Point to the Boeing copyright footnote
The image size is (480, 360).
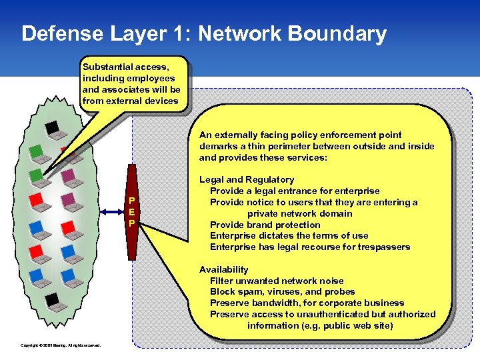coord(61,345)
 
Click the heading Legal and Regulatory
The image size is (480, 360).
coord(246,179)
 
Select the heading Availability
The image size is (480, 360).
coord(223,269)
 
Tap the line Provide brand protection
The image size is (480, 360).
coord(265,225)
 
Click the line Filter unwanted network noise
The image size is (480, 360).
coord(277,281)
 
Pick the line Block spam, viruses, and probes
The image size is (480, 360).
coord(282,292)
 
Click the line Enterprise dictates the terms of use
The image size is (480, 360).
coord(289,236)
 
